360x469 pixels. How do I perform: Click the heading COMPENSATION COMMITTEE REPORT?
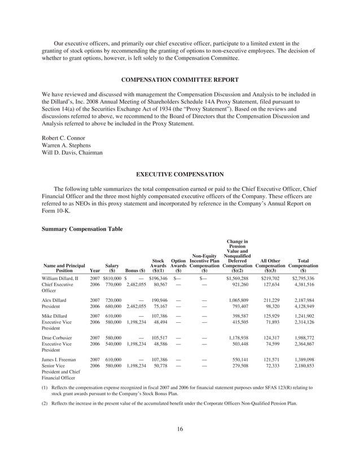click(x=179, y=79)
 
